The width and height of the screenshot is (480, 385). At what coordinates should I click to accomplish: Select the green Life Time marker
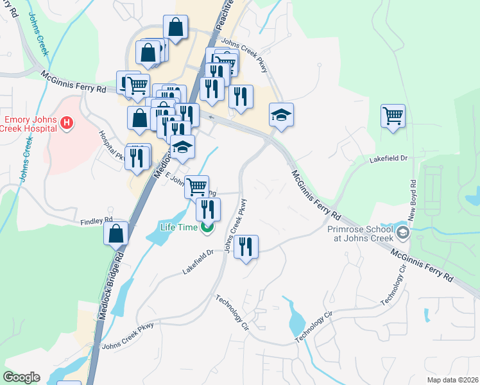tap(207, 227)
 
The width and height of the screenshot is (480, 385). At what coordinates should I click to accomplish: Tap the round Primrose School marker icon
tap(402, 232)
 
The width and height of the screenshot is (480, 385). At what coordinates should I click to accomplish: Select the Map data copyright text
tap(452, 380)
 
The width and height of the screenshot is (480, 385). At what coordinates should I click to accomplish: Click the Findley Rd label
tap(92, 222)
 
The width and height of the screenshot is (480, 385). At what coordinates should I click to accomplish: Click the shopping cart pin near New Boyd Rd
tap(393, 117)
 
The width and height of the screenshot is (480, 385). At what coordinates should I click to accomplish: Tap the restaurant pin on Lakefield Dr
tap(245, 246)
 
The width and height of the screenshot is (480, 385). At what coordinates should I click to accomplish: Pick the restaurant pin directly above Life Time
tap(208, 209)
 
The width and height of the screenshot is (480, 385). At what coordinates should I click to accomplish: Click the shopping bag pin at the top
tap(175, 28)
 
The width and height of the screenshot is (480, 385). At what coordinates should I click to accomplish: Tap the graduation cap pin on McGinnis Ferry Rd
tap(281, 116)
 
